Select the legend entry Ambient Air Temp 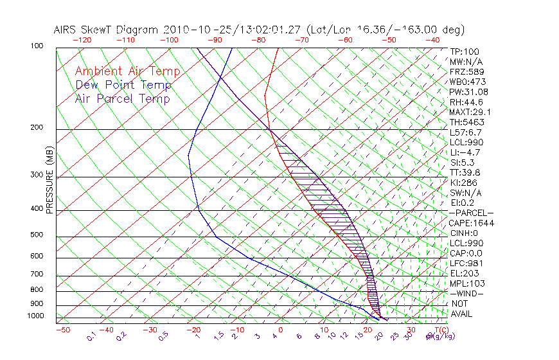click(127, 71)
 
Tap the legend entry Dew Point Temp click(123, 85)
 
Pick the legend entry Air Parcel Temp click(122, 98)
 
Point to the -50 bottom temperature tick click(63, 330)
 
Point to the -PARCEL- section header click(472, 213)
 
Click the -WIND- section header click(467, 293)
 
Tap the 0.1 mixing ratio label click(91, 336)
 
